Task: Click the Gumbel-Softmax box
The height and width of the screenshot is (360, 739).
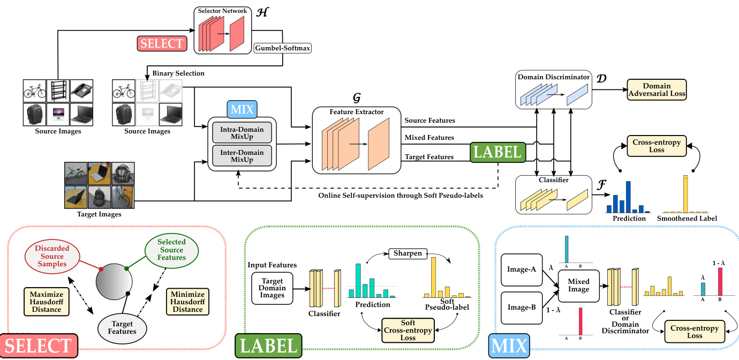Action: [x=282, y=48]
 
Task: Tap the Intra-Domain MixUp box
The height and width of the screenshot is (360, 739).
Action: [x=242, y=132]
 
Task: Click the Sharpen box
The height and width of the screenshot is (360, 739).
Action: [x=408, y=253]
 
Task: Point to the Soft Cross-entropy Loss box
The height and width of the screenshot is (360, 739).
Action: [x=408, y=331]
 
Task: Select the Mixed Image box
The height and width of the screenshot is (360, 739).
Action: [x=578, y=285]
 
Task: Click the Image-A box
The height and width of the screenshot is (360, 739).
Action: [x=522, y=269]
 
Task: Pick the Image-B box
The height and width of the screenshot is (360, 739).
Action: [x=522, y=308]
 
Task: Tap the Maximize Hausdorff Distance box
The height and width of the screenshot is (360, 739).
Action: [x=47, y=302]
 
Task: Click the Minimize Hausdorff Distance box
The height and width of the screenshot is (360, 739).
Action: [x=187, y=302]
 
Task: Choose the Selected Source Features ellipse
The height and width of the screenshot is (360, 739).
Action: [x=171, y=250]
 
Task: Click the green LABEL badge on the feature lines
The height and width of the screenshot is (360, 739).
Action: [x=497, y=152]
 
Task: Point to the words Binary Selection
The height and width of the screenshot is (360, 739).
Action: [x=178, y=73]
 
